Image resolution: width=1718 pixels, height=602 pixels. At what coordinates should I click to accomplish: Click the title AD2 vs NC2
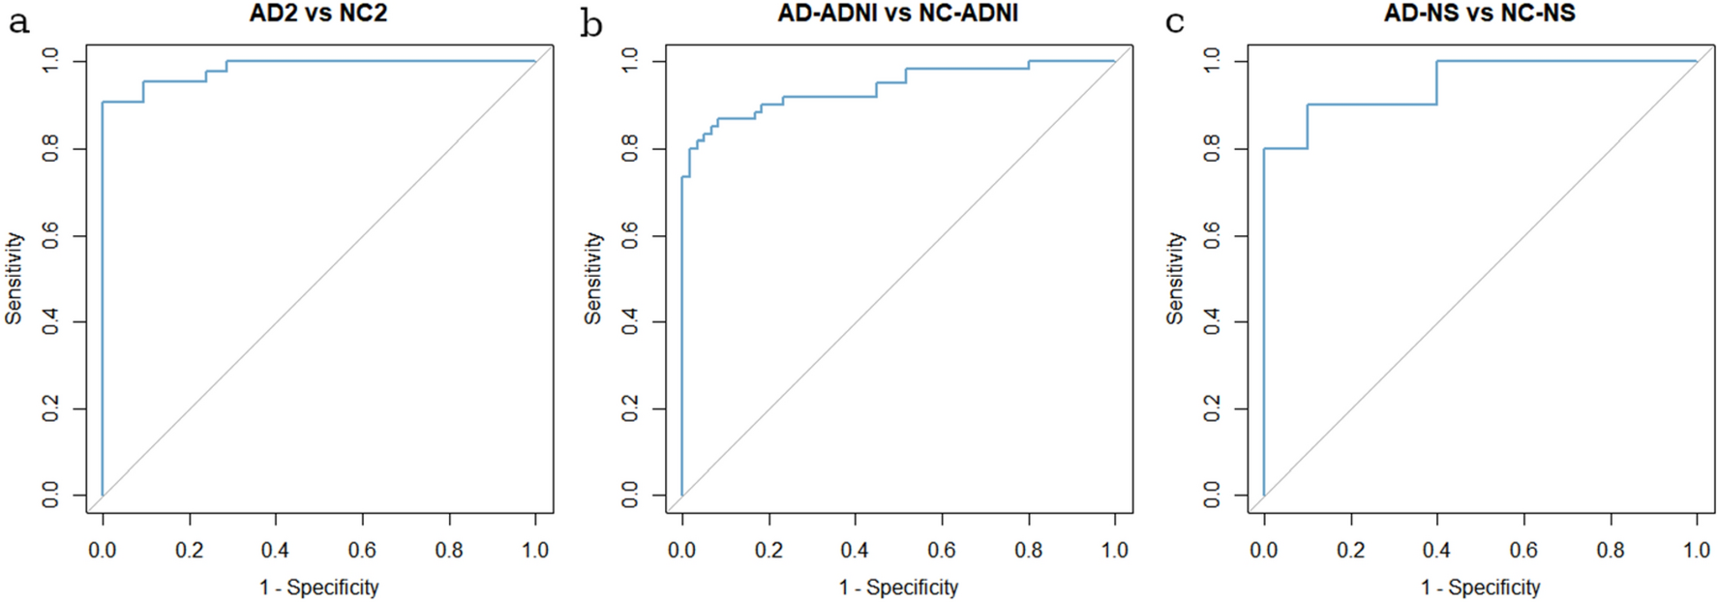317,14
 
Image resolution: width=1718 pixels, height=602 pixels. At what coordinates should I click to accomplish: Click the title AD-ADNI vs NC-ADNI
897,14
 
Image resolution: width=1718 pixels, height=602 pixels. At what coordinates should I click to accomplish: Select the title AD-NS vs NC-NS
1479,14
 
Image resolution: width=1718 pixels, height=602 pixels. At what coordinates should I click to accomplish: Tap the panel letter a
18,21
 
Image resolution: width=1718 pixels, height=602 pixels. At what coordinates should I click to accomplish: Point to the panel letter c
1174,21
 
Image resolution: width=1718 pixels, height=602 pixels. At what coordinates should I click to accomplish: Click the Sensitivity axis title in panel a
14,278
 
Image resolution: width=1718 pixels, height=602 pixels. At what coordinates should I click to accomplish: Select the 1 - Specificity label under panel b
898,587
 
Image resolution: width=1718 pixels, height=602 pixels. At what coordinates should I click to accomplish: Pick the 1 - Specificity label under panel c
1480,587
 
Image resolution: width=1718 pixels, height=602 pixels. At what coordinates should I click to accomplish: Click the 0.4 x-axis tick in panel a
275,550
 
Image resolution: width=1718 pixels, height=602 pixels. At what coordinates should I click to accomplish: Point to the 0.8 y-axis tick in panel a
50,148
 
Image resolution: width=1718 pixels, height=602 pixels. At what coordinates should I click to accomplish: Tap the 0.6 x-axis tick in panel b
942,550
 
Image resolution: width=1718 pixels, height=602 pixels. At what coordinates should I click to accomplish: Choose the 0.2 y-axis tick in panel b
630,408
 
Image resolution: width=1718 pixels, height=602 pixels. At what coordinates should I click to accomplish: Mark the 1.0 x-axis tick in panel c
1697,550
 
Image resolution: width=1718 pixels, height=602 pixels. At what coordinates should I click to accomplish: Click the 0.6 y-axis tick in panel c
1212,235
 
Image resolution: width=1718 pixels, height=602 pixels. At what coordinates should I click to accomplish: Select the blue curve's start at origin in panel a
103,495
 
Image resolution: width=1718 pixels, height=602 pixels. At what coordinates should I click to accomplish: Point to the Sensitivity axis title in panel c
1175,278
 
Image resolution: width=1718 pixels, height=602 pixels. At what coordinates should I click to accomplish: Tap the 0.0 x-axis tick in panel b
681,550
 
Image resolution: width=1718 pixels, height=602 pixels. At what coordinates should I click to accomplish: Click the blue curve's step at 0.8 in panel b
1029,65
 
